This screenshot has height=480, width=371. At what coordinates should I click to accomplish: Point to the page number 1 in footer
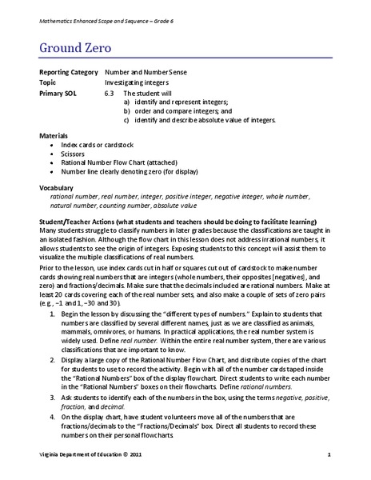point(329,454)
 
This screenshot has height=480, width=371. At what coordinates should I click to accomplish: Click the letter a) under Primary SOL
point(128,102)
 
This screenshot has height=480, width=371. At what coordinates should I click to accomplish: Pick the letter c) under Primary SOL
point(128,120)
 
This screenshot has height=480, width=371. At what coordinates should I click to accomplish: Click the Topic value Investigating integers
point(142,82)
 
